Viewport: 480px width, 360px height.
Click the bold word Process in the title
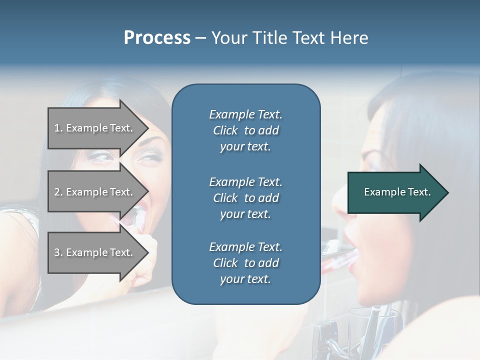(x=157, y=38)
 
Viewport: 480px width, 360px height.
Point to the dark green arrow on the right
(x=398, y=192)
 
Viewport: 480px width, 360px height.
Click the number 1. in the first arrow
(x=58, y=128)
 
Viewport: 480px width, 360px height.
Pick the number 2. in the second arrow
(x=58, y=192)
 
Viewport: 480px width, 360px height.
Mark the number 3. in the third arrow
(x=58, y=252)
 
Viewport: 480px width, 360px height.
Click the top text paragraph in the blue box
(x=245, y=130)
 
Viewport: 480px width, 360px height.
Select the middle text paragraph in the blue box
(x=245, y=198)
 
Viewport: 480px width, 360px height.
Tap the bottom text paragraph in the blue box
(x=245, y=263)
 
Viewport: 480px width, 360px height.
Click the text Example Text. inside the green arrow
(x=397, y=192)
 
